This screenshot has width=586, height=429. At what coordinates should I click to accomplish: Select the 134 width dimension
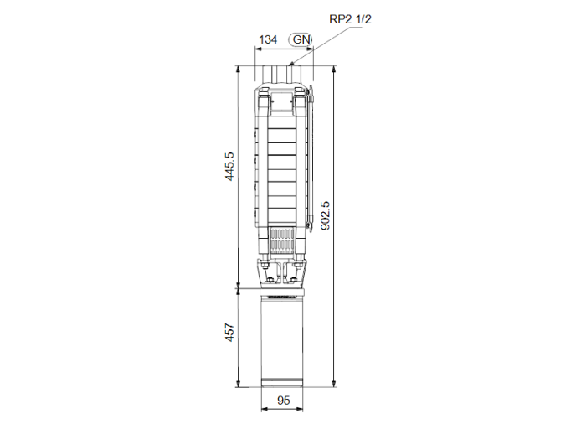(268, 39)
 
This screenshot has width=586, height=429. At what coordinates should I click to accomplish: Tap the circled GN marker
(301, 39)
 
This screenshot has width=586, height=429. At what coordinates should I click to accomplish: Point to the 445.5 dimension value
(229, 165)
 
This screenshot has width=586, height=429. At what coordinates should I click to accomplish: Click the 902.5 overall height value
(326, 215)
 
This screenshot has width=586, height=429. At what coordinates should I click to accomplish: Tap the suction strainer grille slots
(283, 241)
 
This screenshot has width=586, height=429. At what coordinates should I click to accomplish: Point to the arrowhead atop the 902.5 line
(334, 69)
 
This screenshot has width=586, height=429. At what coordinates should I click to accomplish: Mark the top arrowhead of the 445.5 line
(242, 69)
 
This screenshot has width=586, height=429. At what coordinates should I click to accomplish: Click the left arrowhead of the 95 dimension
(264, 411)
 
